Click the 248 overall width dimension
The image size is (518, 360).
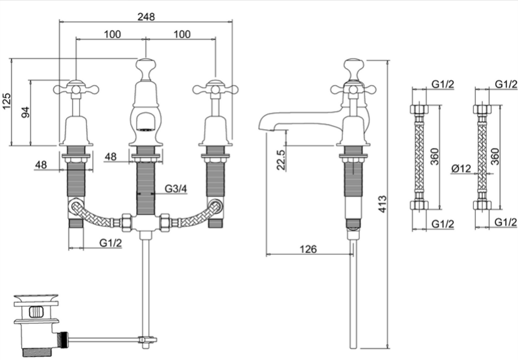[x=146, y=16]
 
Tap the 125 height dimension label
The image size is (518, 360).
[x=6, y=101]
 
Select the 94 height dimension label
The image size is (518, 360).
[x=25, y=112]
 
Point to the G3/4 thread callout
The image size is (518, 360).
[x=176, y=188]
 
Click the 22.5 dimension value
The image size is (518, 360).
[x=281, y=160]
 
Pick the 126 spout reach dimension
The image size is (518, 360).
[x=308, y=249]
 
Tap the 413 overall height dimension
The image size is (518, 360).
[x=382, y=204]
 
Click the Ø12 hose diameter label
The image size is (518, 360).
[x=461, y=169]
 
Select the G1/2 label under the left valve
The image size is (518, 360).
[x=111, y=243]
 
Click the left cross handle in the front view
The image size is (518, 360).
[x=76, y=88]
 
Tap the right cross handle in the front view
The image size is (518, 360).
[x=215, y=88]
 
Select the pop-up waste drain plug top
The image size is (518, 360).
[x=36, y=299]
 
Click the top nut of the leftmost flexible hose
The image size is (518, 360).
[x=419, y=109]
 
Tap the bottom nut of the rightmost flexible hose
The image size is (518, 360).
[x=482, y=205]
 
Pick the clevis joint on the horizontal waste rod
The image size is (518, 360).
[x=147, y=339]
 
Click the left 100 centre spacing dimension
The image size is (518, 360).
[x=112, y=34]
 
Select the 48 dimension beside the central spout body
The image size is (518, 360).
[x=111, y=156]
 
